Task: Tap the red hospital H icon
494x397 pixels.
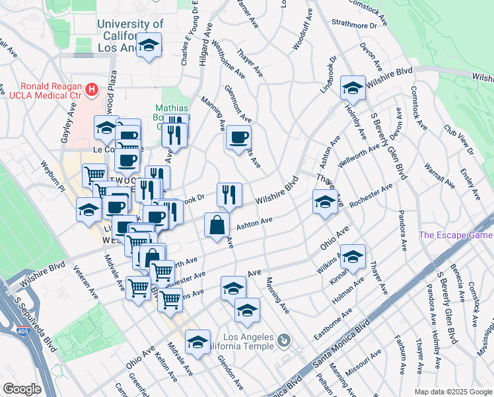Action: pyautogui.click(x=92, y=87)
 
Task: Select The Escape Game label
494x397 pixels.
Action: pyautogui.click(x=456, y=235)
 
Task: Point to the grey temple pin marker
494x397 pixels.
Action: pyautogui.click(x=284, y=341)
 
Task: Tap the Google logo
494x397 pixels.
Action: pyautogui.click(x=22, y=389)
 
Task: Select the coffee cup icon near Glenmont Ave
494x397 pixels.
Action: pyautogui.click(x=238, y=138)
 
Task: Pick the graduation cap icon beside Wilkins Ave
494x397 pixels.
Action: pyautogui.click(x=353, y=257)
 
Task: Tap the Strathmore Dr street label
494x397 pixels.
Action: pyautogui.click(x=353, y=26)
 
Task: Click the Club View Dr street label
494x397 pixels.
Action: pyautogui.click(x=459, y=140)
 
